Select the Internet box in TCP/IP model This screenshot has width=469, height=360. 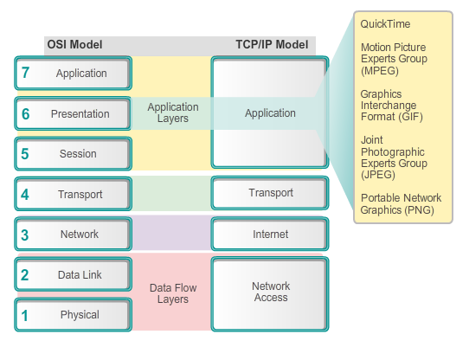(271, 234)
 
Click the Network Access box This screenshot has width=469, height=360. (271, 292)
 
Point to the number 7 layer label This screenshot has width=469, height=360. (26, 74)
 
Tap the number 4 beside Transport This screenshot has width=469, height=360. (26, 194)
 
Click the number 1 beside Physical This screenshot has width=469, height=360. (26, 315)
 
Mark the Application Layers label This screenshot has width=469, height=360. (173, 113)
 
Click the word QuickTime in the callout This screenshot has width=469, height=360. (386, 25)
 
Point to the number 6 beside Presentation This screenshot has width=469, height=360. (26, 113)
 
